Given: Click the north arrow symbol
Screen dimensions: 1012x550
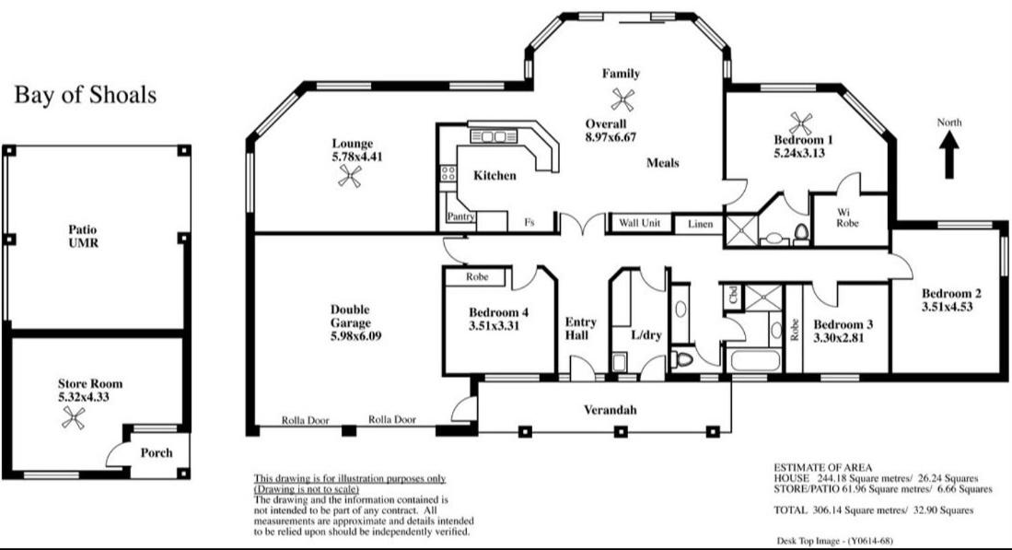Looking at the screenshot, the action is (x=948, y=154).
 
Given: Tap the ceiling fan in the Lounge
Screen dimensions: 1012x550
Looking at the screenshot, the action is (x=350, y=176).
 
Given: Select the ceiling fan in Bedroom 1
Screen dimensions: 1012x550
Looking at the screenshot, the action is (x=800, y=123).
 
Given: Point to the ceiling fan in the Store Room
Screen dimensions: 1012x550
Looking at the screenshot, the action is (x=73, y=417).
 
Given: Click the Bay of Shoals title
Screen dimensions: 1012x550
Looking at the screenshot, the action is (x=86, y=95).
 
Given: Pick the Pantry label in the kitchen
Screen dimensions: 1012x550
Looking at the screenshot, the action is (x=460, y=216).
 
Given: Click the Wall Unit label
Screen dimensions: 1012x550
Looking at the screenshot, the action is (x=640, y=223).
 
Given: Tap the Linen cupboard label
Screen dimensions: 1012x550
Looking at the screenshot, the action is (x=700, y=224).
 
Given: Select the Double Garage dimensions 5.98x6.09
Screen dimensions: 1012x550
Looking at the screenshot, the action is (x=355, y=336).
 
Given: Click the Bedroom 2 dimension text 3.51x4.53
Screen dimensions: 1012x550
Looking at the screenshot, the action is (x=947, y=307).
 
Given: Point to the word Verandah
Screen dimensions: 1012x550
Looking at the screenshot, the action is (x=610, y=410).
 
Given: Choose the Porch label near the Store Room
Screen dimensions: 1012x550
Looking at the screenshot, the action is (x=157, y=453).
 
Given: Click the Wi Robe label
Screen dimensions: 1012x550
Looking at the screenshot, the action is (x=847, y=217).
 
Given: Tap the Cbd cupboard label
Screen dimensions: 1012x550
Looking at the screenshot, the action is (x=733, y=295).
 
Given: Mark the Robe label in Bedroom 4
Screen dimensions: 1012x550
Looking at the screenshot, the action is (x=477, y=277).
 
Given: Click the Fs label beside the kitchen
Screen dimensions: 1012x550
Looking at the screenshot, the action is (x=529, y=222).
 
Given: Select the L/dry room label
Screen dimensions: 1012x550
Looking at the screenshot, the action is (x=646, y=335).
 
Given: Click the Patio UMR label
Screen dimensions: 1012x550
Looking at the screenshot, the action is (x=83, y=236).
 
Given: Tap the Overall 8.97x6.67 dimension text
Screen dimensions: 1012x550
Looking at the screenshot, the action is (x=611, y=131).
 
